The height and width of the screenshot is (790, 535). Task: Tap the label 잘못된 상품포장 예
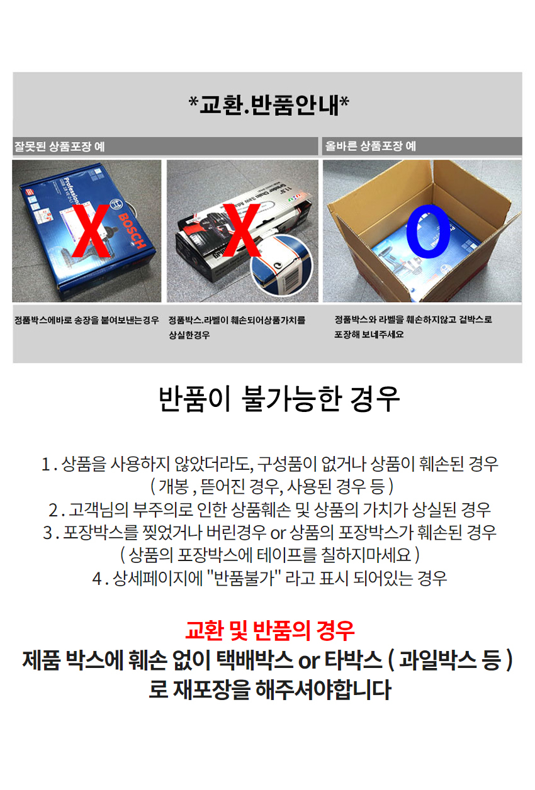pyautogui.click(x=59, y=147)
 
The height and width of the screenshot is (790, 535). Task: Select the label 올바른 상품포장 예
pyautogui.click(x=370, y=147)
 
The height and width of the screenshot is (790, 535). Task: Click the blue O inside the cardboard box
pyautogui.click(x=429, y=231)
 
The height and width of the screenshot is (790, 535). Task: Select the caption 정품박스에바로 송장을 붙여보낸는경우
pyautogui.click(x=86, y=320)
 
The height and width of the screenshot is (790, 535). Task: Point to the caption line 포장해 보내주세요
pyautogui.click(x=369, y=335)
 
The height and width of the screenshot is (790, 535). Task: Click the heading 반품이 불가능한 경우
pyautogui.click(x=279, y=399)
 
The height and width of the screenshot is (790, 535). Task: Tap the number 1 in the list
pyautogui.click(x=45, y=464)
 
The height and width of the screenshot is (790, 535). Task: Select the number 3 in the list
pyautogui.click(x=47, y=533)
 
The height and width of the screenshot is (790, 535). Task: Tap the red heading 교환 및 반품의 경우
pyautogui.click(x=270, y=629)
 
